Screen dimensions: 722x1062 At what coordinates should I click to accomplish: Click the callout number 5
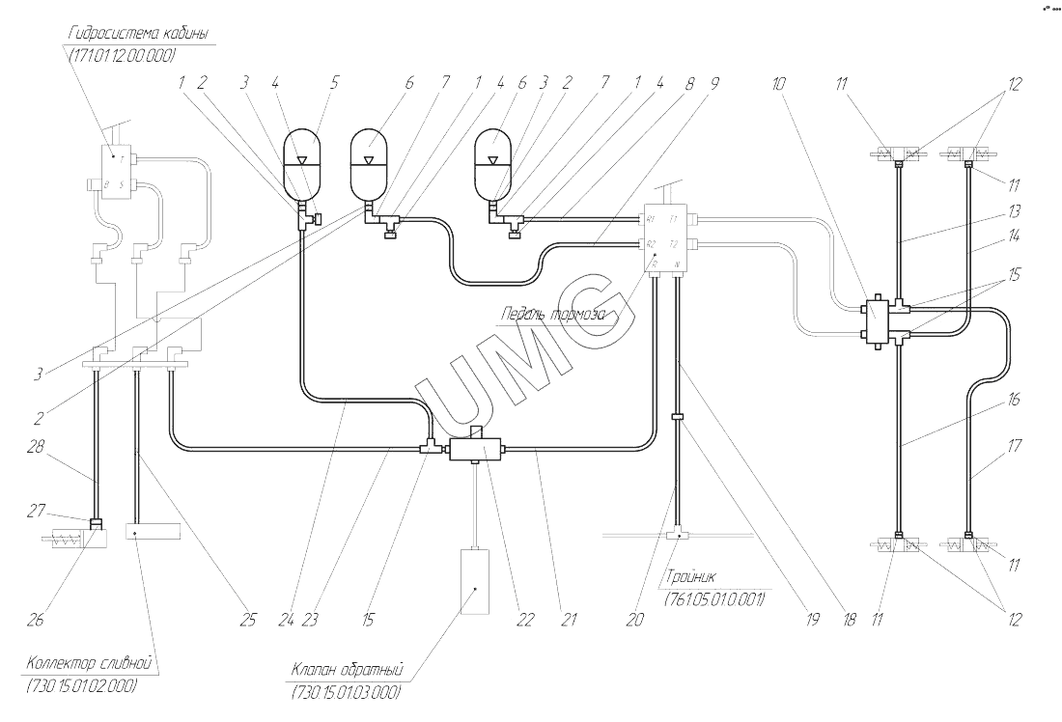click(335, 83)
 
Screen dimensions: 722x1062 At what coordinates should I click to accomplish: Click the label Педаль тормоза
click(553, 315)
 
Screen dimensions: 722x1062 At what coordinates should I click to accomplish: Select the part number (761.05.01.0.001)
click(713, 601)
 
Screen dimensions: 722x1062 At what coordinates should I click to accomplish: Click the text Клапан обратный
click(347, 670)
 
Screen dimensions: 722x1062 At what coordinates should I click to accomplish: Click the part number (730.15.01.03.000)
click(346, 692)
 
